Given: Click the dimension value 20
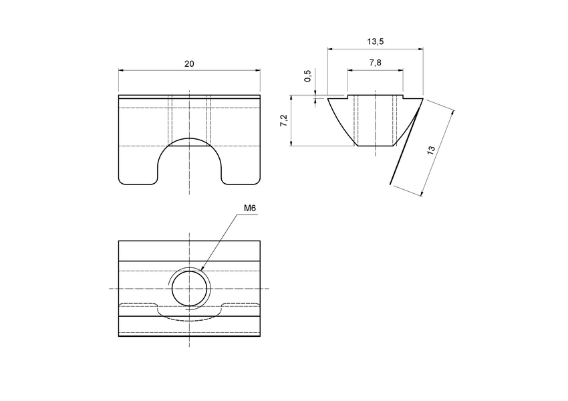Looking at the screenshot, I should coord(189,63).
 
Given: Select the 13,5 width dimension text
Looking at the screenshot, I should coord(376,41).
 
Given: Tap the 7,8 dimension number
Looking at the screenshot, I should coord(376,62).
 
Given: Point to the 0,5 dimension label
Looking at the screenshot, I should coord(307,76).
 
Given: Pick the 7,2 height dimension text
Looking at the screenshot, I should coord(283,121).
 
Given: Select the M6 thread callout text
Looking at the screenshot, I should coord(250,209).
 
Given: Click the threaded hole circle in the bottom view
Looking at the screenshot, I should coord(190,289).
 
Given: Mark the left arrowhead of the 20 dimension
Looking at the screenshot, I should coord(121,70).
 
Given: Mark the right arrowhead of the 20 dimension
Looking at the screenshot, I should coord(258,70).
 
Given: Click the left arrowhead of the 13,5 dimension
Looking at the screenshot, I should coord(329,48).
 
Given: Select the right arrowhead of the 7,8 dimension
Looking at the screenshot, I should coord(402,70).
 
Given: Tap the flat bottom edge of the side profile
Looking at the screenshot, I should coord(376,146).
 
